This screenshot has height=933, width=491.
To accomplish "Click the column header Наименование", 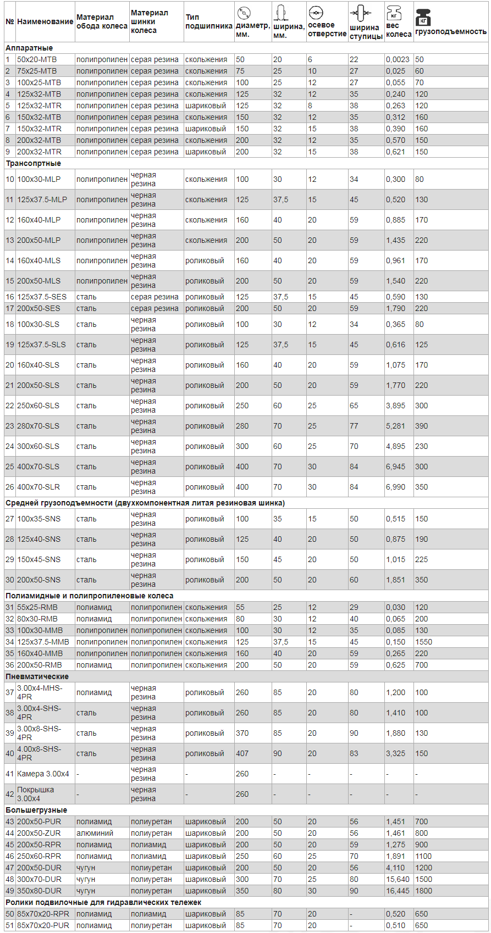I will (x=45, y=21).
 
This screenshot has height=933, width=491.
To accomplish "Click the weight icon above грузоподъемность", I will (x=423, y=17).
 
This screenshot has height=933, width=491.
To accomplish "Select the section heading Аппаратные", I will (x=29, y=48).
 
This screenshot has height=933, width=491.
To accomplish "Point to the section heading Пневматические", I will (x=37, y=676).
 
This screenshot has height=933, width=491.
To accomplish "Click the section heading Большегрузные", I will (x=36, y=810).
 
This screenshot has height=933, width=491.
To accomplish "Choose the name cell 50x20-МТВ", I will (x=37, y=59).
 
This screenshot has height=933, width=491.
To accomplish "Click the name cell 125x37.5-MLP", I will (x=42, y=199).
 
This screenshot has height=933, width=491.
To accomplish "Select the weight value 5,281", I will (x=395, y=426).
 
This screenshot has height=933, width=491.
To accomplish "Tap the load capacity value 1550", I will (x=423, y=642).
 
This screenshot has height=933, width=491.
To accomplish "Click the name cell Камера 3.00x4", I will (x=43, y=774).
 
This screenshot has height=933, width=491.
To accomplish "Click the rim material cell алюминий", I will (x=95, y=833).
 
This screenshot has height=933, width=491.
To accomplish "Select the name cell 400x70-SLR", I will (x=38, y=487).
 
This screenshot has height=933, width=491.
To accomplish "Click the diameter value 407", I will (x=242, y=753).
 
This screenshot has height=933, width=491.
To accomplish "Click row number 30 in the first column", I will (x=10, y=580).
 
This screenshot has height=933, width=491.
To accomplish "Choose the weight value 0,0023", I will (x=398, y=59).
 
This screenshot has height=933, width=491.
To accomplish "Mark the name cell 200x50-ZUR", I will (x=38, y=833).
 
